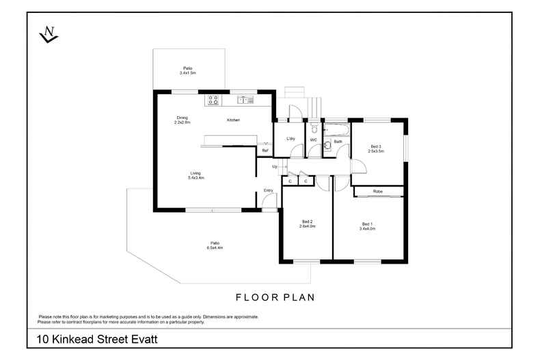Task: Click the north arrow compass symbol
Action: [48, 33]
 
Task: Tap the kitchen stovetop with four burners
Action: [213, 100]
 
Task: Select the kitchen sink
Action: [245, 100]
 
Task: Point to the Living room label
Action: [195, 174]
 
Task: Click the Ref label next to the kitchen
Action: [265, 151]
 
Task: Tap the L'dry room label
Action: [290, 139]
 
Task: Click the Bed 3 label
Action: [375, 146]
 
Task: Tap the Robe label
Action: [378, 191]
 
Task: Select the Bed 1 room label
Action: [368, 223]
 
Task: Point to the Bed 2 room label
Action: [307, 221]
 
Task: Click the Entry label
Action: [268, 190]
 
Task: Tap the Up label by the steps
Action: [275, 167]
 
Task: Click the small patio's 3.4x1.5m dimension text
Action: [187, 72]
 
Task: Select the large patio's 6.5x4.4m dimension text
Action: [215, 247]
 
